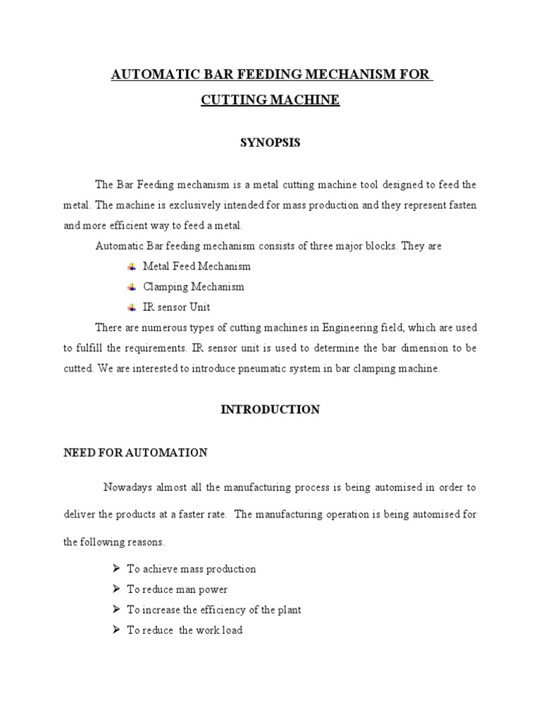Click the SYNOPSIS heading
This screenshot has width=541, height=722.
[x=270, y=143]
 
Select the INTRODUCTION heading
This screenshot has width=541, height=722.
[x=270, y=410]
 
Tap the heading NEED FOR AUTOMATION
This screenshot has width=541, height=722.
[x=135, y=453]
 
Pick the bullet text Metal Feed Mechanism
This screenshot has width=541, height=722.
[x=197, y=267]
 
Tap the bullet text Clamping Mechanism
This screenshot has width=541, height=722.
[x=194, y=287]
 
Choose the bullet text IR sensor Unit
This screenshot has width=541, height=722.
[x=176, y=307]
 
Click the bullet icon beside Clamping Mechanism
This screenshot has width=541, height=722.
[x=131, y=287]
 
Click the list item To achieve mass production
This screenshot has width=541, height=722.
[x=191, y=569]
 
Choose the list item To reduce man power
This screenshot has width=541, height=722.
[x=177, y=589]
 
